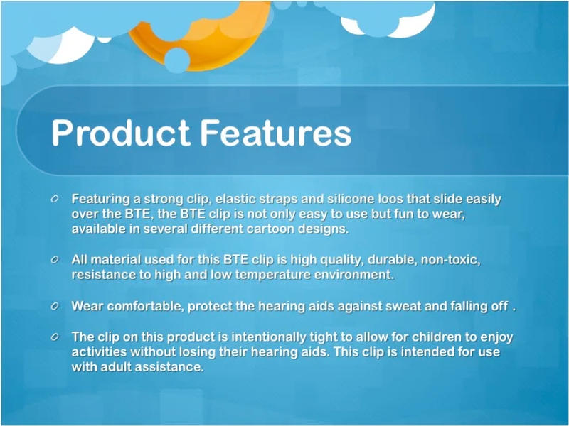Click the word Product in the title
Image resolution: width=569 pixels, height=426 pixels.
119,134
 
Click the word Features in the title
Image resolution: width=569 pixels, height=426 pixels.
275,134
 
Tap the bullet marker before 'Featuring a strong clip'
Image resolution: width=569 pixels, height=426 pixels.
55,200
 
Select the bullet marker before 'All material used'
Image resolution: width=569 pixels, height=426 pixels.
55,261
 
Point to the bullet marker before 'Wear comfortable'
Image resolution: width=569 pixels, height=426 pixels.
55,307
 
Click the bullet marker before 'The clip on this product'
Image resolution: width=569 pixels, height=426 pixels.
55,337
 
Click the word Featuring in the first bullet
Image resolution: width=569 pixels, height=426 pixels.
101,199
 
